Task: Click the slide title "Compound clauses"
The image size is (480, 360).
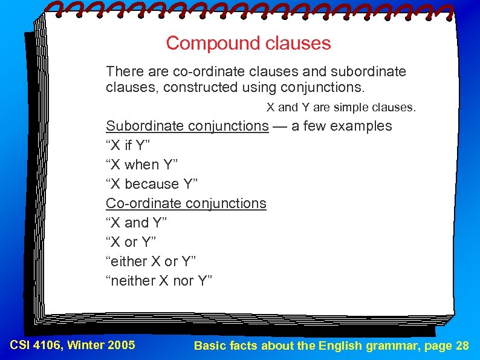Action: point(248,44)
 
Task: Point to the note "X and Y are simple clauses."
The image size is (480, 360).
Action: point(342,108)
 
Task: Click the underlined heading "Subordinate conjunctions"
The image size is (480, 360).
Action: point(187,126)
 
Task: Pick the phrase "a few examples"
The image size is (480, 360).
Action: point(342,126)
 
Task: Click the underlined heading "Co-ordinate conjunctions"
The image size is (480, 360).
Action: point(186,203)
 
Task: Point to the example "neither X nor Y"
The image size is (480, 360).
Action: point(159,281)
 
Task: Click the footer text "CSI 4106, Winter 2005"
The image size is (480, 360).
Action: point(73,345)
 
